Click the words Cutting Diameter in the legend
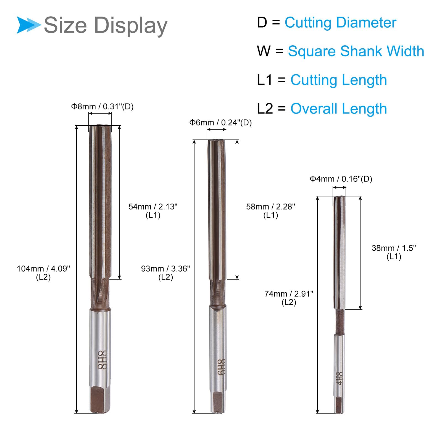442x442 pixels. pyautogui.click(x=340, y=23)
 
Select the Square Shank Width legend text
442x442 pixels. pyautogui.click(x=356, y=51)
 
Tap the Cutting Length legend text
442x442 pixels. pyautogui.click(x=338, y=80)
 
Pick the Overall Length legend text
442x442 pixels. pyautogui.click(x=338, y=109)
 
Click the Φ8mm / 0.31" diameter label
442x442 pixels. pyautogui.click(x=102, y=107)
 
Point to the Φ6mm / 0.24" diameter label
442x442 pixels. pyautogui.click(x=220, y=123)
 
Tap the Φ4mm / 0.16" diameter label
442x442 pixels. pyautogui.click(x=341, y=179)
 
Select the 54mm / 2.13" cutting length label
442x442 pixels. pyautogui.click(x=153, y=211)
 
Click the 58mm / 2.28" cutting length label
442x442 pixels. pyautogui.click(x=270, y=211)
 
